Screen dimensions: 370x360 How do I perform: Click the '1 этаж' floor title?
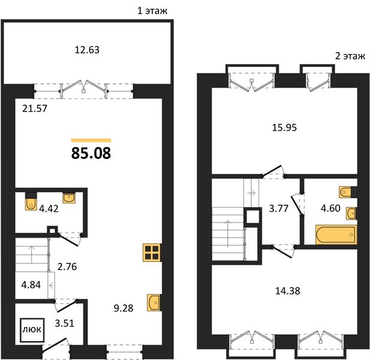click(x=152, y=11)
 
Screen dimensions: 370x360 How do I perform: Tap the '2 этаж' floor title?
click(x=350, y=56)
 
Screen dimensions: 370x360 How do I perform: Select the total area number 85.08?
click(x=91, y=153)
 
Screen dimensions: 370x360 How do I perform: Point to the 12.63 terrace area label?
click(x=87, y=50)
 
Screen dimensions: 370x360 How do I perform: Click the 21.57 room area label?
click(x=35, y=109)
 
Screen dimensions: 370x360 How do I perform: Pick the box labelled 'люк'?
click(x=32, y=330)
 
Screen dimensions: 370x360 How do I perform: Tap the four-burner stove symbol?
click(x=152, y=253)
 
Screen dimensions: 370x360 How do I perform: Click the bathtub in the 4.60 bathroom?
click(x=336, y=235)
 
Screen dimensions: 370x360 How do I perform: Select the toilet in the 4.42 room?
click(x=31, y=202)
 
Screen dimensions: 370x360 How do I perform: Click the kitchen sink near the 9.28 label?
click(x=154, y=302)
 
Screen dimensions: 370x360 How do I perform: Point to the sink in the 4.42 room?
click(x=69, y=198)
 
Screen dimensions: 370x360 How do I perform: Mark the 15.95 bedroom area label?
click(x=284, y=127)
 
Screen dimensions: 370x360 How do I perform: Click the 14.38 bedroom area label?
click(x=288, y=291)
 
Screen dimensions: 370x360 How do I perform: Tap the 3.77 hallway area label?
click(x=279, y=208)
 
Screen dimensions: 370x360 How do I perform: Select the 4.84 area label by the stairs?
click(x=31, y=284)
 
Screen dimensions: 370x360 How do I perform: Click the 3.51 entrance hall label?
click(x=64, y=323)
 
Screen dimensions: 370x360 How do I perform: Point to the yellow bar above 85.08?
click(x=91, y=140)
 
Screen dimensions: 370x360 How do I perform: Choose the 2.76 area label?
click(x=67, y=266)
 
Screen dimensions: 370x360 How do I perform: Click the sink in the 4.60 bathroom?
click(x=351, y=214)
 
